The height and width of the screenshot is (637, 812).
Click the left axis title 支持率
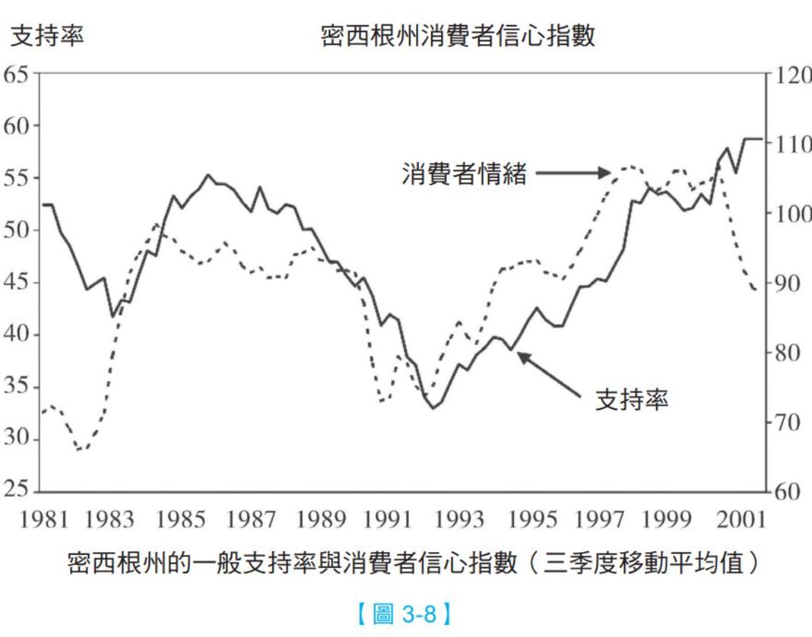pos(47,36)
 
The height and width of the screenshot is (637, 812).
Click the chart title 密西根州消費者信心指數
pos(457,36)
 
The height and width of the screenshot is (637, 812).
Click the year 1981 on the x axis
pos(44,519)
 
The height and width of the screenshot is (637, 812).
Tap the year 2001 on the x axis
pos(738,519)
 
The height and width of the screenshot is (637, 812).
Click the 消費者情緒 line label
pos(464,174)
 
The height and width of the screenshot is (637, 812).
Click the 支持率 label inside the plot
pos(632,401)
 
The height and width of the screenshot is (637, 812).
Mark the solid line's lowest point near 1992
pos(432,408)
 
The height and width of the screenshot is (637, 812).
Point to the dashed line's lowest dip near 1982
pos(80,450)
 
